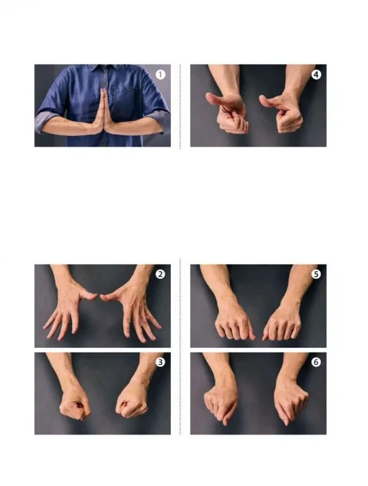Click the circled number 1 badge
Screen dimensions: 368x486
(x=160, y=75)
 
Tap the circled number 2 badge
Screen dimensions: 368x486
(x=160, y=274)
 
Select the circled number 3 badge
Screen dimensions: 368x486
(x=160, y=362)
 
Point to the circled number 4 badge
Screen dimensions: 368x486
(x=316, y=75)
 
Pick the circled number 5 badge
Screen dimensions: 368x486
(x=316, y=274)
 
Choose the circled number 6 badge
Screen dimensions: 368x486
(x=316, y=362)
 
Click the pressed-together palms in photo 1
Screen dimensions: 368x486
(x=104, y=111)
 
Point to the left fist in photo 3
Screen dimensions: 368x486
(x=75, y=404)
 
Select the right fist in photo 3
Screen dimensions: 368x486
(x=132, y=404)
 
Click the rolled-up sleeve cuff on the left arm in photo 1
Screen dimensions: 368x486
(x=44, y=121)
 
